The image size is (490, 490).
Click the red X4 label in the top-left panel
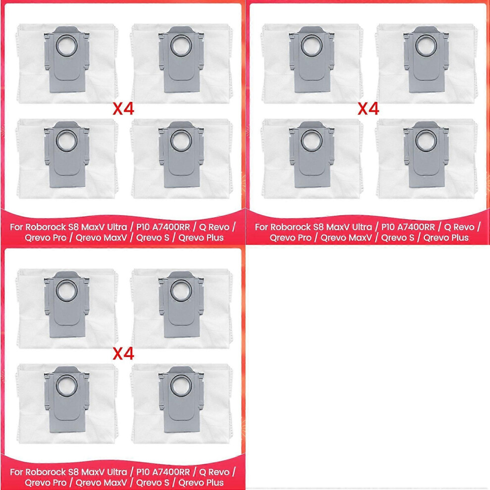[123, 109]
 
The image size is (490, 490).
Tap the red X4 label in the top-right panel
[368, 109]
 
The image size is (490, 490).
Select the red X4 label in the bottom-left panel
[123, 354]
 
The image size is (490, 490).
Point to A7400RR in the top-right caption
[416, 227]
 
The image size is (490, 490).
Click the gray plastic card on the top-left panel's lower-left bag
[66, 155]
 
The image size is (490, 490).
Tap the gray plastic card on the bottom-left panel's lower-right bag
[180, 400]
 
